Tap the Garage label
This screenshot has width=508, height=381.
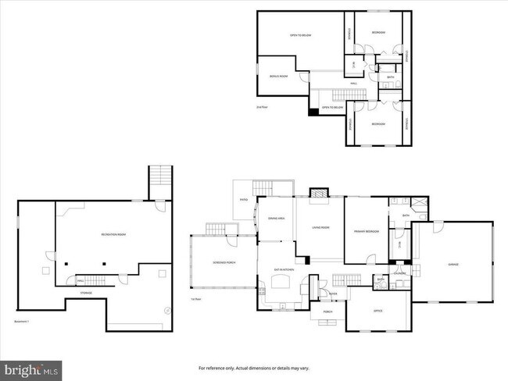[x=453, y=265]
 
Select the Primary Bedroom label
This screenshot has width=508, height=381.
[x=366, y=231]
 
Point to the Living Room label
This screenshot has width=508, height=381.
[x=320, y=227]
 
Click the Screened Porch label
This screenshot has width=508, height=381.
[x=225, y=262]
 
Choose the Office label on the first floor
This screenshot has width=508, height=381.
[x=377, y=311]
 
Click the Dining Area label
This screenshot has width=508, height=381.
[x=276, y=219]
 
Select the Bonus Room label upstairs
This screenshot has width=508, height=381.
[x=279, y=76]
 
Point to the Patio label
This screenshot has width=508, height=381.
[x=244, y=200]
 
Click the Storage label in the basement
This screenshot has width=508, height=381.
[x=86, y=293]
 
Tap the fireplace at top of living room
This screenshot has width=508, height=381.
[x=320, y=193]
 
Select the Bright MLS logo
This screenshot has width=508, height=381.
[x=31, y=369]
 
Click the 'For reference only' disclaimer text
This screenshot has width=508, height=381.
[x=253, y=367]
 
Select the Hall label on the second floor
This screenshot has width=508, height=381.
[x=353, y=83]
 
